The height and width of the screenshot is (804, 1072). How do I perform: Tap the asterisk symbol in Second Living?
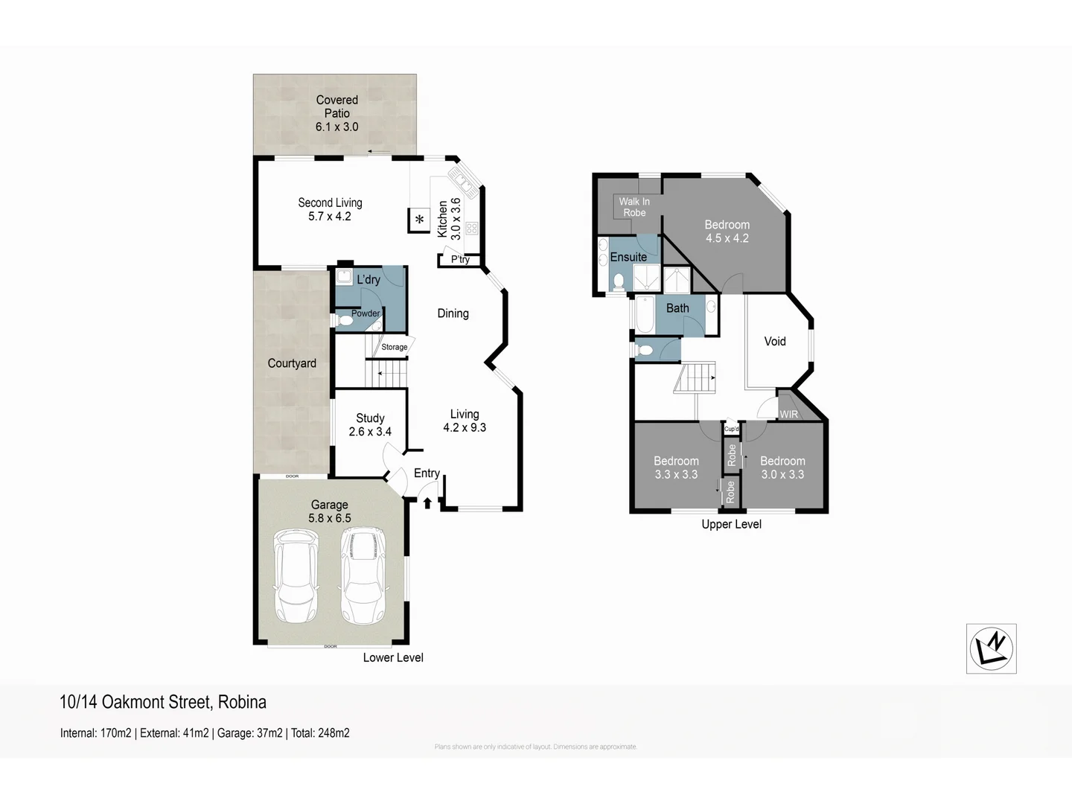[x=420, y=220]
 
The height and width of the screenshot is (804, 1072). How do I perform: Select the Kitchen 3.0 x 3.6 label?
[x=449, y=219]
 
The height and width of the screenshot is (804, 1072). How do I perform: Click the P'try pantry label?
[x=460, y=259]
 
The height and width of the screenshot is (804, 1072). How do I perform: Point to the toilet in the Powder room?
[x=345, y=321]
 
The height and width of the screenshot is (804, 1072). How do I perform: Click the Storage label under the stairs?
[x=394, y=347]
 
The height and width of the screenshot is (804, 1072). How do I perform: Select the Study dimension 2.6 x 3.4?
[x=370, y=432]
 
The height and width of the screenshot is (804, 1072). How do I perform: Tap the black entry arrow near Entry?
[x=427, y=503]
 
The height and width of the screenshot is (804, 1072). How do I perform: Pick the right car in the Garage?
[x=363, y=575]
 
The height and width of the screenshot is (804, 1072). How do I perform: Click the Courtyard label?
[x=292, y=363]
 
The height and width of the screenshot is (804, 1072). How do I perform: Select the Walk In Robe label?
[x=634, y=207]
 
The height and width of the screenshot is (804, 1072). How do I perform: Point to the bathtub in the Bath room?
[x=644, y=315]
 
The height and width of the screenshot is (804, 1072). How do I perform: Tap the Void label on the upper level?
[x=775, y=341]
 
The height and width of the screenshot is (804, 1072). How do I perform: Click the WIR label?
[x=788, y=415]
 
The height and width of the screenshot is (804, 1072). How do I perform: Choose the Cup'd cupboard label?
[x=732, y=429]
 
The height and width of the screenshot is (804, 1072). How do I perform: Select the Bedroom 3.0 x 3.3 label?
[x=782, y=468]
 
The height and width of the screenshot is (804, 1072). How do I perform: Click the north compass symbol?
[x=991, y=648]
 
